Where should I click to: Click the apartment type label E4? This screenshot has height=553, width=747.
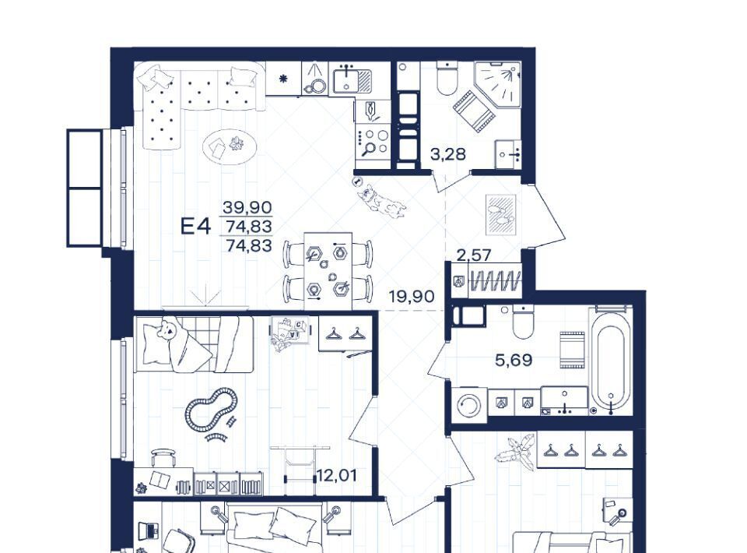195,226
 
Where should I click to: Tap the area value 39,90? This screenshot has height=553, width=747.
247,207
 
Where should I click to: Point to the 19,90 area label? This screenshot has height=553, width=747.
412,297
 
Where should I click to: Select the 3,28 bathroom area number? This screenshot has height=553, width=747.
448,154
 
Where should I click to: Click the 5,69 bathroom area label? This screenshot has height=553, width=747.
514,360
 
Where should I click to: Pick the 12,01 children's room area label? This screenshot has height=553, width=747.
336,475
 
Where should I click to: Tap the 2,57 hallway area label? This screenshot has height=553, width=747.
474,255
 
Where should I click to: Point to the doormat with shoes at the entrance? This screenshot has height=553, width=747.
500,215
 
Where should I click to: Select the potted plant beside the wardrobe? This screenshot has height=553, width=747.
515,449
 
